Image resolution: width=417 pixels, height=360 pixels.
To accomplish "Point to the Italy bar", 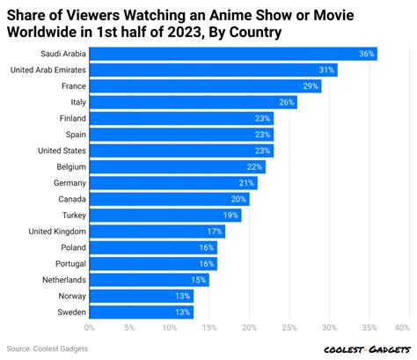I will (194, 102).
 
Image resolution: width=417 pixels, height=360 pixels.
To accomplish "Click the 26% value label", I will (287, 102).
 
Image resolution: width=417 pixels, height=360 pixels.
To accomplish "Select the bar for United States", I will (181, 151).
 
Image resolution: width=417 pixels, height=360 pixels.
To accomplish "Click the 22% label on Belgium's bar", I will (255, 166).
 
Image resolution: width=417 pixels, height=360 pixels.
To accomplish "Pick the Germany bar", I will (173, 183).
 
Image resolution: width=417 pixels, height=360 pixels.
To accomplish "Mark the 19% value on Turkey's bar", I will (231, 215).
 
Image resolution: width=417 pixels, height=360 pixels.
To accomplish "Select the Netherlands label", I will (62, 280).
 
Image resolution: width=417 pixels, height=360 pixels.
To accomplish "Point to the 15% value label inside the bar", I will (199, 280).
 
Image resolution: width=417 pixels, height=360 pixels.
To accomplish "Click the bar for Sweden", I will (142, 312).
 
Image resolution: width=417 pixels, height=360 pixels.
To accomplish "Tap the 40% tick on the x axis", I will (402, 327).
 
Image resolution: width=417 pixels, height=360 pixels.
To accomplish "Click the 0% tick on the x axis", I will (90, 327).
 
